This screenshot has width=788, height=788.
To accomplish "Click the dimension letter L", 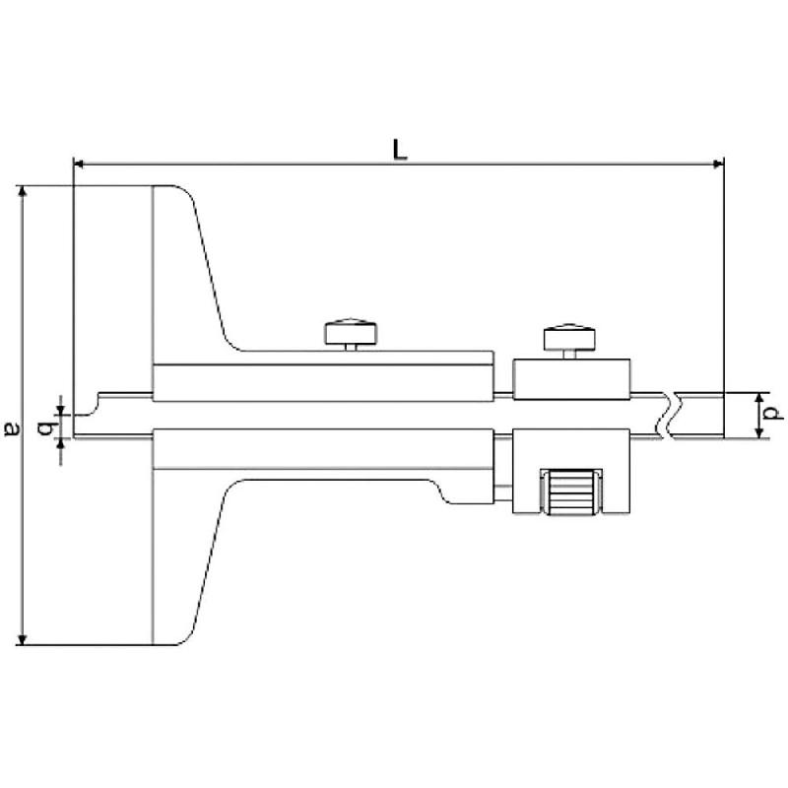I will (398, 149).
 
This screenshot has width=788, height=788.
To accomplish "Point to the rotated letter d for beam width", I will (775, 414).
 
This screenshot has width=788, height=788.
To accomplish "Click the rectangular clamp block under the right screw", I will (571, 379).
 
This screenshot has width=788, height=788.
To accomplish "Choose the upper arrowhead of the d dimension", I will (757, 397).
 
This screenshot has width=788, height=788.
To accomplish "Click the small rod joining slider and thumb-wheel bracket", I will (503, 489).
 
